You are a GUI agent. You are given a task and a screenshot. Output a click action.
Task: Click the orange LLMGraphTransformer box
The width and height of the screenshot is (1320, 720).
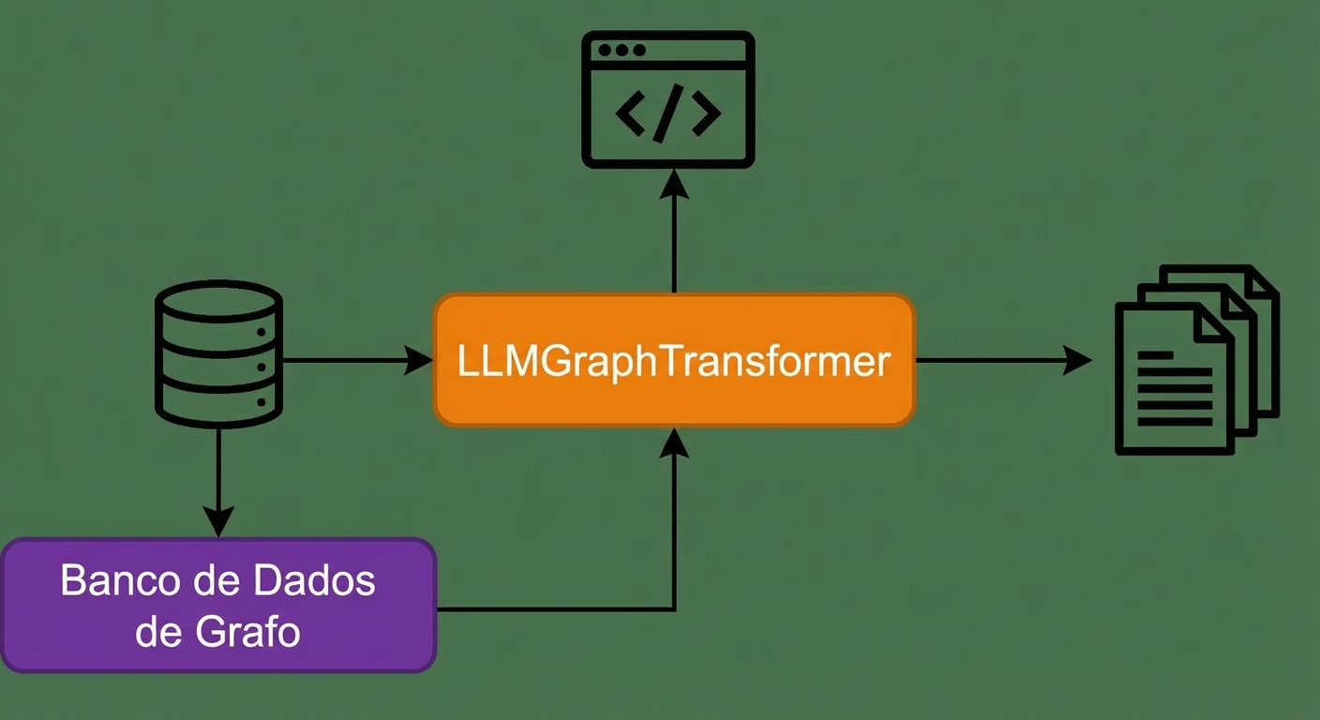tap(674, 360)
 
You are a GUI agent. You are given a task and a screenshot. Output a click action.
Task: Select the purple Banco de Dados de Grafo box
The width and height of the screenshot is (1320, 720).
tap(218, 605)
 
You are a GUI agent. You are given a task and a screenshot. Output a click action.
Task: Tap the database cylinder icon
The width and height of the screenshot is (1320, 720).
tap(218, 353)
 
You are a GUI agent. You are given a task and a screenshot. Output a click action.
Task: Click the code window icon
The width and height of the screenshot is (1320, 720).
tap(668, 99)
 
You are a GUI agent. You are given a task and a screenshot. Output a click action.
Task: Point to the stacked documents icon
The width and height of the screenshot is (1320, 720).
tap(1197, 359)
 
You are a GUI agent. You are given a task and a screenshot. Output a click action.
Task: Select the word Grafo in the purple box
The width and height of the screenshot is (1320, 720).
tap(247, 632)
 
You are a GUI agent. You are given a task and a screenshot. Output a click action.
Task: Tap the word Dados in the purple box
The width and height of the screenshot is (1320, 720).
tap(314, 580)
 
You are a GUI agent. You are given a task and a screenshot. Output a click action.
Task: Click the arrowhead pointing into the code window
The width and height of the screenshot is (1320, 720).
tap(674, 184)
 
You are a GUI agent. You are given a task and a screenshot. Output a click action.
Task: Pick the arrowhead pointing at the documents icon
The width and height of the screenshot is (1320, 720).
tap(1077, 360)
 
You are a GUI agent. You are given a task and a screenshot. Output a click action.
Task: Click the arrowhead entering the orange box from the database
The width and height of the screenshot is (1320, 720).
tap(418, 360)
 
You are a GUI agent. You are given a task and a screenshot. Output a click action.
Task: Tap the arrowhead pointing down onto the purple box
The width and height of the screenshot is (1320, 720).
tap(218, 522)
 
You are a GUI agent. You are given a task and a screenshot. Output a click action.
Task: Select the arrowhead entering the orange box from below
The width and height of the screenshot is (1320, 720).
tap(674, 442)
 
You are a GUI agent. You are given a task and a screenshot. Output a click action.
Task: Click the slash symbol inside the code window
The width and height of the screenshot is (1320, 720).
tap(667, 113)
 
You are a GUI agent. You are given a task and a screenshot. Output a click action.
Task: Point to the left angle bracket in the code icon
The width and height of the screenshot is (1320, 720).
tap(630, 113)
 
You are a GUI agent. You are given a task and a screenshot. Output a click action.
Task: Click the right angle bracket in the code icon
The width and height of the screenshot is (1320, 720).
tap(706, 113)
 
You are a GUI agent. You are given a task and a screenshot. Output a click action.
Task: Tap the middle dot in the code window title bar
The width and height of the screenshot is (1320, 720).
tap(622, 50)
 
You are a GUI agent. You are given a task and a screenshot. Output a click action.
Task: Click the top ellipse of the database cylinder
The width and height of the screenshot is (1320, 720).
tap(218, 301)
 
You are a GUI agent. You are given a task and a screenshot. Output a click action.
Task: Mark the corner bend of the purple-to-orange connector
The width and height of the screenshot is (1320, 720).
tap(674, 609)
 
